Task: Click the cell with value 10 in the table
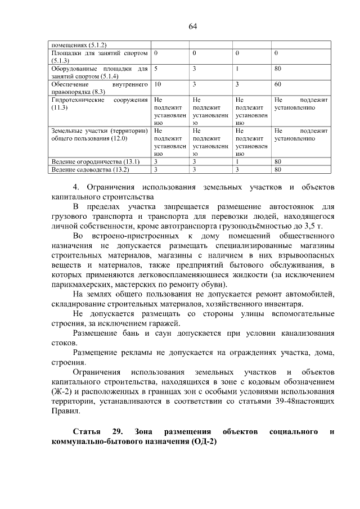click(157, 84)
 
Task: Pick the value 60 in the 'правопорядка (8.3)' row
click(277, 84)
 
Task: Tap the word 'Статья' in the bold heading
click(87, 431)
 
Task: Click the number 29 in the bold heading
click(117, 431)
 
